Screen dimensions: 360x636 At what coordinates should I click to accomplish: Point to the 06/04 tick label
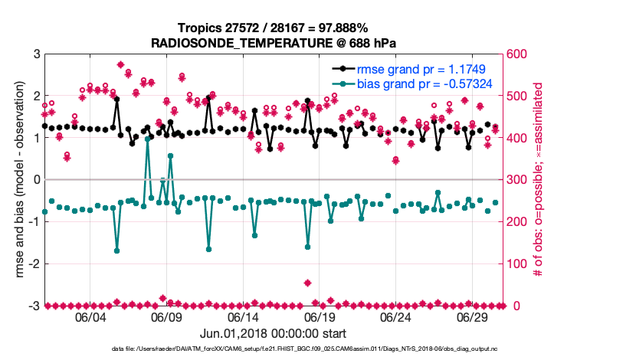[x=90, y=316]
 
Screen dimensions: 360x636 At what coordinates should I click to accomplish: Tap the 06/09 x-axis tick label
[x=166, y=316]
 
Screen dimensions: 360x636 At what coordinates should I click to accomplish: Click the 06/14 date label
[x=243, y=316]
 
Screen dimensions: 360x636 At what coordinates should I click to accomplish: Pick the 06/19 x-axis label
[x=320, y=316]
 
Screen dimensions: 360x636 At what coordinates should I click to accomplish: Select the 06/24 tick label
[x=396, y=316]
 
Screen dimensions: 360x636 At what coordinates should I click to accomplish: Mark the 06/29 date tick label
[x=473, y=316]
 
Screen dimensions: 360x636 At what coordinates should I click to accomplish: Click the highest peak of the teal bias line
[x=147, y=139]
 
